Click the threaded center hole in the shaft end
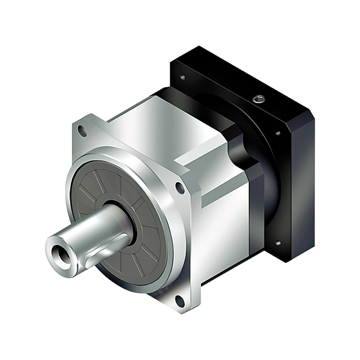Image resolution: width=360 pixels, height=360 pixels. (59, 248)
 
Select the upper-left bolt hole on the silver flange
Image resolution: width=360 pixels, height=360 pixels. (82, 131)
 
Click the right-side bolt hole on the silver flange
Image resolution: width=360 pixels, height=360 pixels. (179, 188)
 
